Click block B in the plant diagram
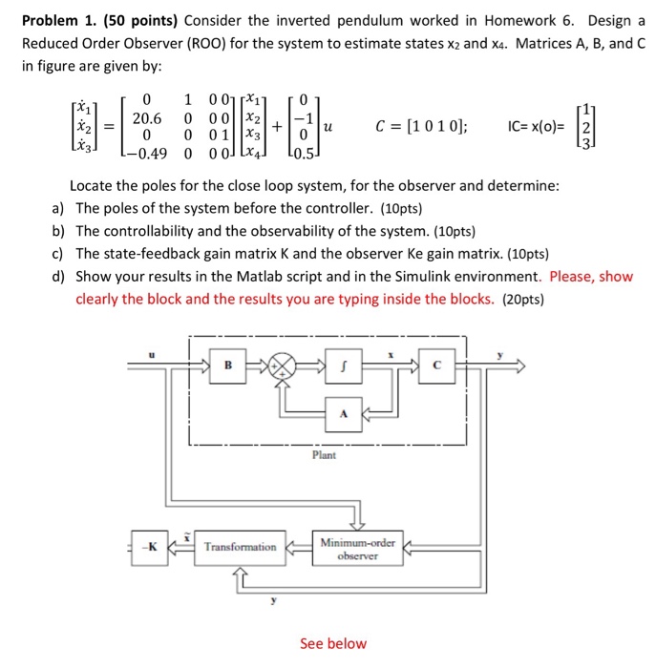coord(228,365)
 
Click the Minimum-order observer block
coord(358,547)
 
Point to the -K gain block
coord(149,547)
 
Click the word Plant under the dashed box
coord(324,456)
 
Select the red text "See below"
coord(332,643)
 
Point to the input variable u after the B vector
coord(329,127)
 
